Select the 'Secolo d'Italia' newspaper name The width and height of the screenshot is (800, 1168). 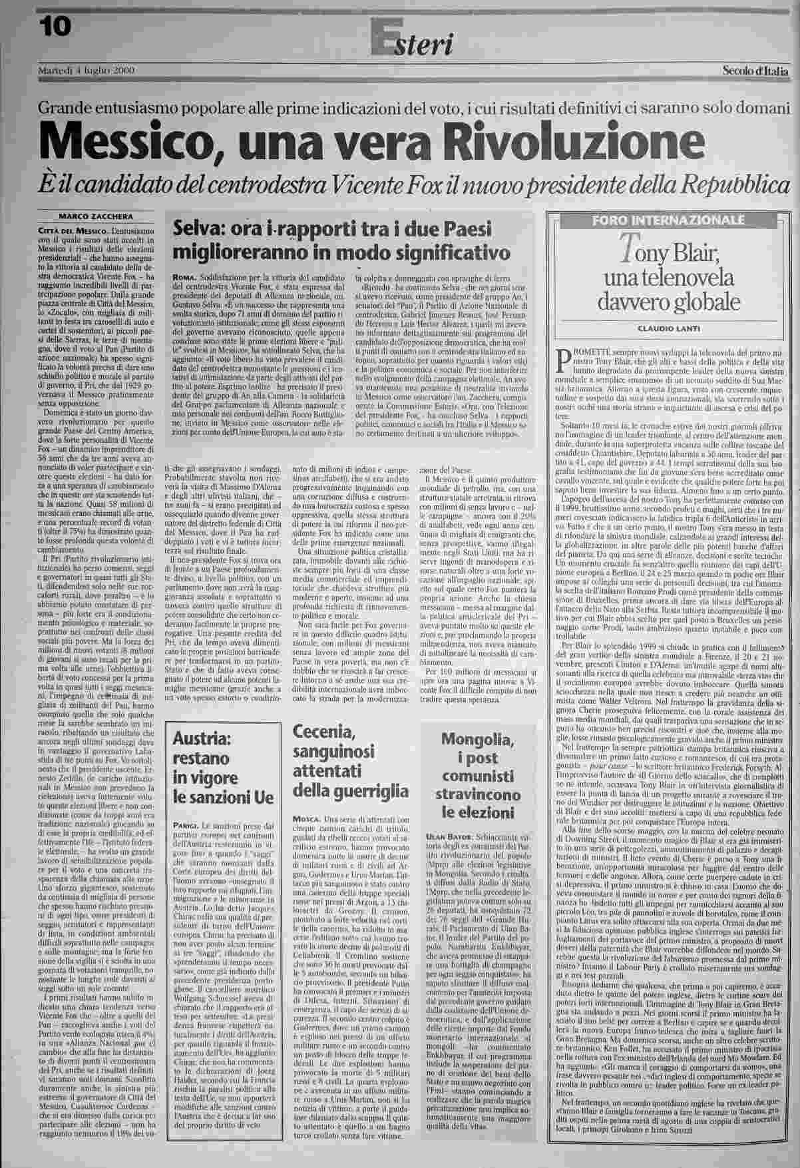755,71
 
